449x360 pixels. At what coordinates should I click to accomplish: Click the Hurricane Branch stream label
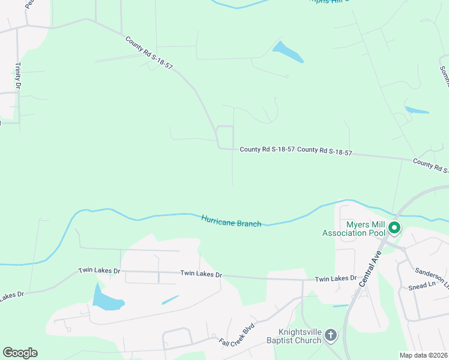[x=231, y=220]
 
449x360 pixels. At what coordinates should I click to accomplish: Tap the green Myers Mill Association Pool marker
[x=394, y=227]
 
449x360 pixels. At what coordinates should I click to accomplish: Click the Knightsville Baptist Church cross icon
[x=330, y=337]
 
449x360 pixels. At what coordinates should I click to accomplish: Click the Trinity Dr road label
[x=18, y=76]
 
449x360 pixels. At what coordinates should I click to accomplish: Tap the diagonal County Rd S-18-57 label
[x=149, y=53]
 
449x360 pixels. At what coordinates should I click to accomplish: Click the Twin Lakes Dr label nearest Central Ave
[x=336, y=279]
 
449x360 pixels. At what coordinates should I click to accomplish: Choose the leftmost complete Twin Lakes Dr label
[x=99, y=271]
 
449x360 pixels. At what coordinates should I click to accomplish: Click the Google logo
[x=20, y=353]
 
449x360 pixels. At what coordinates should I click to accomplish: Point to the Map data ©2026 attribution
[x=423, y=355]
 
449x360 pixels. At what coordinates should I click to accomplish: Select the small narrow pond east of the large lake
[x=170, y=299]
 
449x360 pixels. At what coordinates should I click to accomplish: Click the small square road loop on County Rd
[x=225, y=137]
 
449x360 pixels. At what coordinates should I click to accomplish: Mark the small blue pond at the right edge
[x=417, y=110]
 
